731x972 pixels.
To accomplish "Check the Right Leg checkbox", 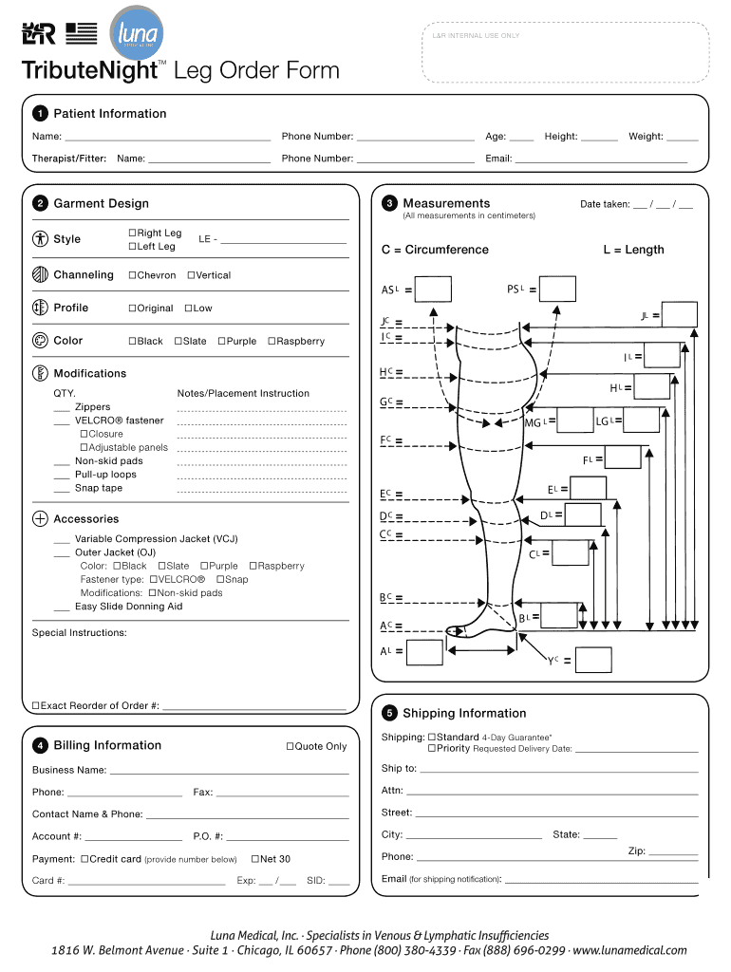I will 132,234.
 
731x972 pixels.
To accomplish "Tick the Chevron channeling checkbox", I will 132,275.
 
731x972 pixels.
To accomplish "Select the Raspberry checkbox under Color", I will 272,341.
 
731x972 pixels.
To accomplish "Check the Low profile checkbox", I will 189,308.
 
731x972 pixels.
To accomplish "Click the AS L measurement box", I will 433,289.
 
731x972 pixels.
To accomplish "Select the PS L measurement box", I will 557,289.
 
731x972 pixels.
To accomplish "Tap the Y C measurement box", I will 593,660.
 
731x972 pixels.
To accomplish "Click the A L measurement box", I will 424,652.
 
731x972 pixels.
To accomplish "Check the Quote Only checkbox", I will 290,746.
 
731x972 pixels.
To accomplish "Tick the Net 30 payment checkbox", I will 255,859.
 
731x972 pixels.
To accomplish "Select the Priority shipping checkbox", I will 432,748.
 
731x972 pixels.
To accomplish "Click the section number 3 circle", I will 389,204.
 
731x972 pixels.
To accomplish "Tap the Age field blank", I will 522,141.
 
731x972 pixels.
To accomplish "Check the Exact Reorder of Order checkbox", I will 36,706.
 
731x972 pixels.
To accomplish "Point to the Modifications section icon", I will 40,373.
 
